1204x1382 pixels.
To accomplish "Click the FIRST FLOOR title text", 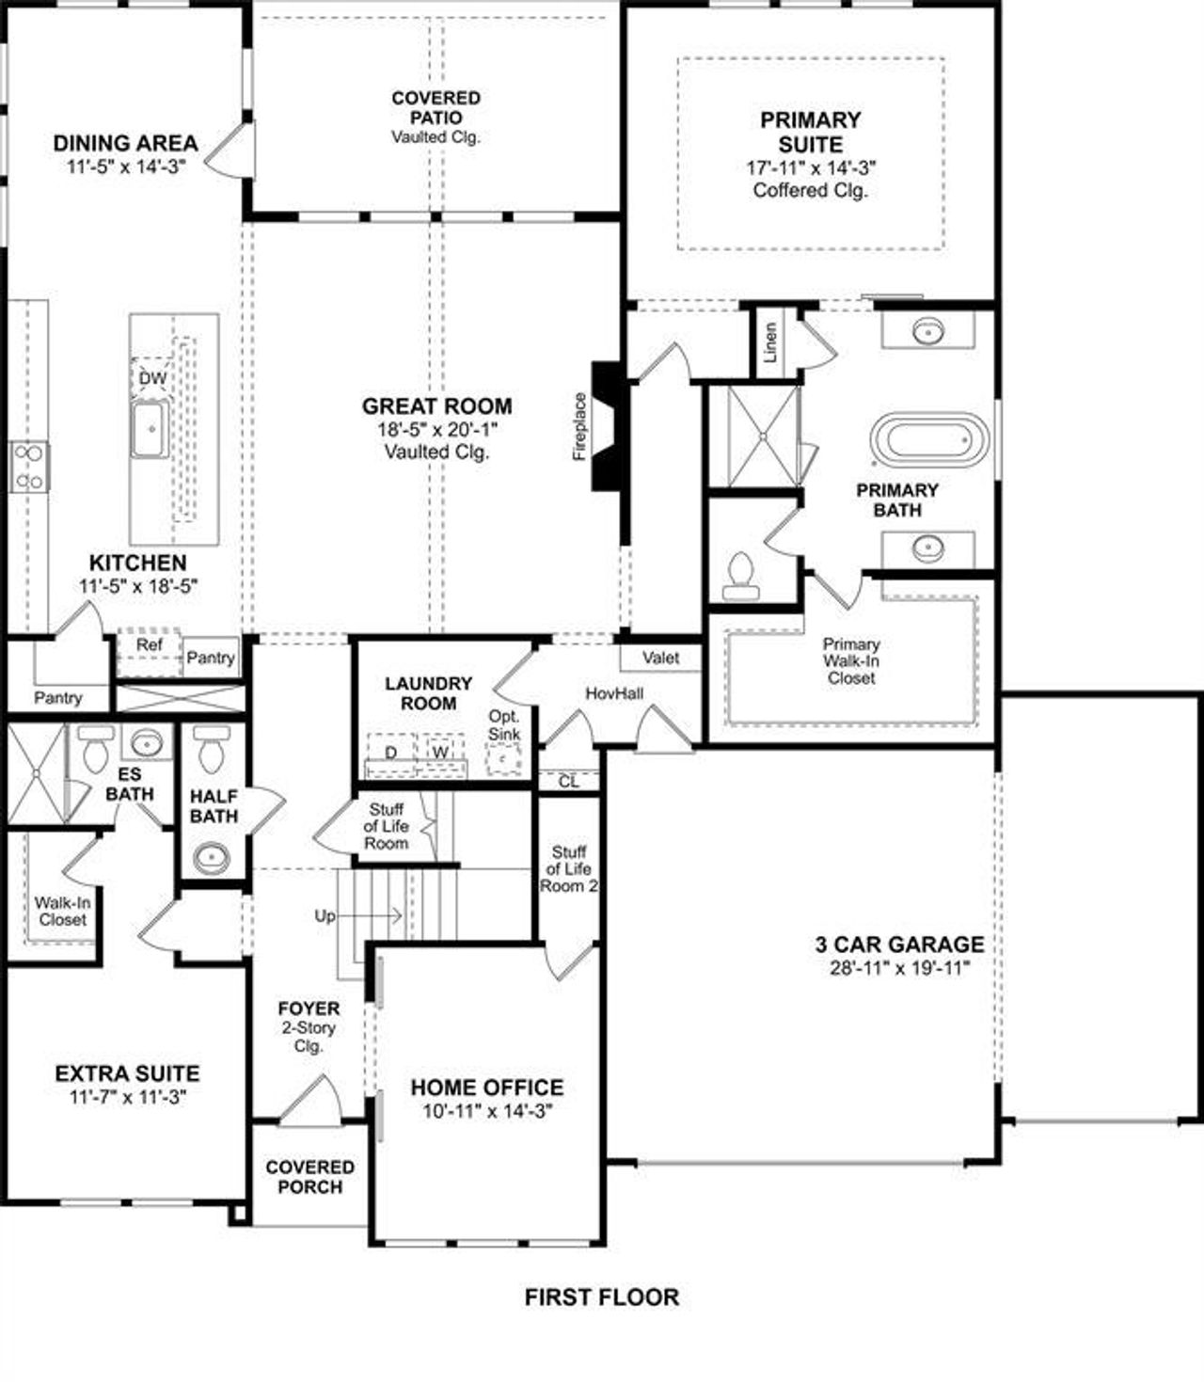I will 601,1297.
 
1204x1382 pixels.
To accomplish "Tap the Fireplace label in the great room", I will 579,426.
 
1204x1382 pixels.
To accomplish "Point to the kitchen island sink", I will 150,429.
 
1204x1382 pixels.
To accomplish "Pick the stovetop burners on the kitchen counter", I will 29,467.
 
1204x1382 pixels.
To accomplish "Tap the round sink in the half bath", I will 212,857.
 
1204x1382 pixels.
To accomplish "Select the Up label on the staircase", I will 325,915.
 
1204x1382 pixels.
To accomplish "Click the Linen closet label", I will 771,343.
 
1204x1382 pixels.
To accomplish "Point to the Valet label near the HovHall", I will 660,658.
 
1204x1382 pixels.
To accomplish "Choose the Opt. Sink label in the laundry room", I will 504,725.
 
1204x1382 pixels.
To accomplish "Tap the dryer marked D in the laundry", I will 390,752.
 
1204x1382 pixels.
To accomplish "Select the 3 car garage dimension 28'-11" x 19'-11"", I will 899,968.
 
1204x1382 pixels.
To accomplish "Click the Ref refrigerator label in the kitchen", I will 149,645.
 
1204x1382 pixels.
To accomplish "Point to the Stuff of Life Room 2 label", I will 569,869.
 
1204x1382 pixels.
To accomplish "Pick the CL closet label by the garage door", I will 568,781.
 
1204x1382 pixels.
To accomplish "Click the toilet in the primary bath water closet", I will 740,575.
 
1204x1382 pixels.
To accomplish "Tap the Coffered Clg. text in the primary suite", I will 810,190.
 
